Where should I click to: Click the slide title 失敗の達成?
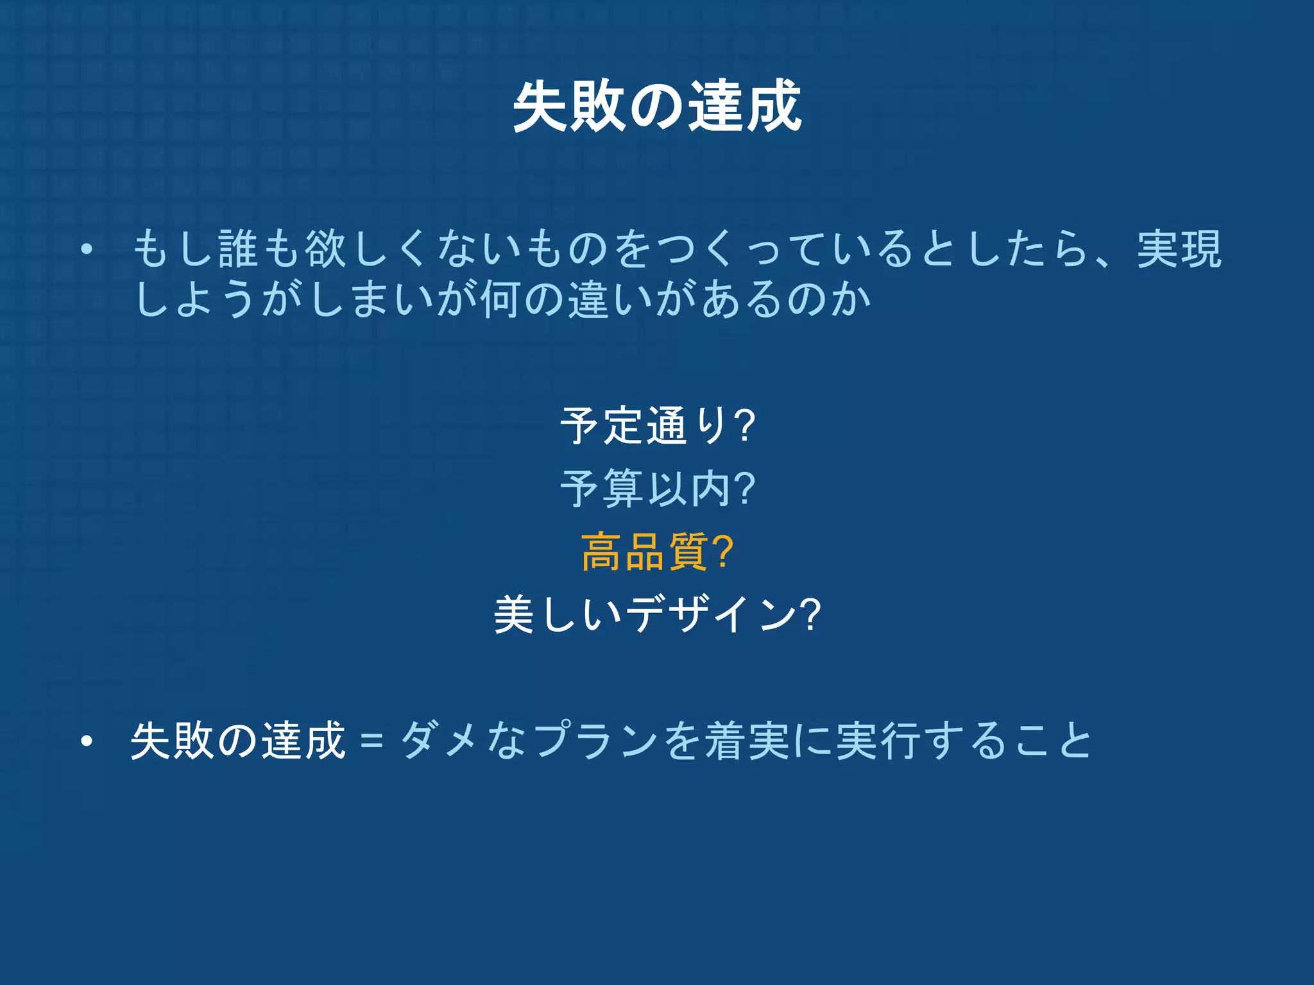(x=657, y=106)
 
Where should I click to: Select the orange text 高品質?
(x=657, y=552)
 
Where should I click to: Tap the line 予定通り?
(x=657, y=425)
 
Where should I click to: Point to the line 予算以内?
(x=657, y=489)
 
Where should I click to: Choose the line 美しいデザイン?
(x=657, y=614)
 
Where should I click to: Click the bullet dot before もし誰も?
(x=87, y=249)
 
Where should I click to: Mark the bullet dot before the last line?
(x=87, y=741)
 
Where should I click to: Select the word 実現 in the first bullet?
(x=1179, y=249)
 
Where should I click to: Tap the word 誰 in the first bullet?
(x=239, y=249)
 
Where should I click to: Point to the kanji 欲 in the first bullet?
(x=326, y=249)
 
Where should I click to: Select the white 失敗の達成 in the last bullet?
(x=238, y=741)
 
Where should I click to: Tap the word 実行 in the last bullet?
(x=880, y=741)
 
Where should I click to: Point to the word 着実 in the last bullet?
(x=747, y=741)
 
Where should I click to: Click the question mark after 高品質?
(x=722, y=552)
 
